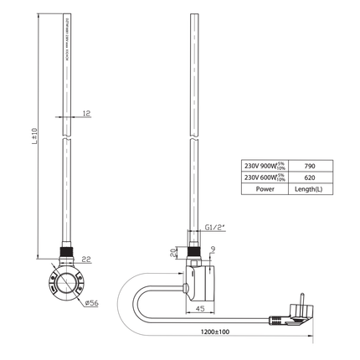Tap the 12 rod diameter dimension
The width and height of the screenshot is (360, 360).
tap(86, 114)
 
